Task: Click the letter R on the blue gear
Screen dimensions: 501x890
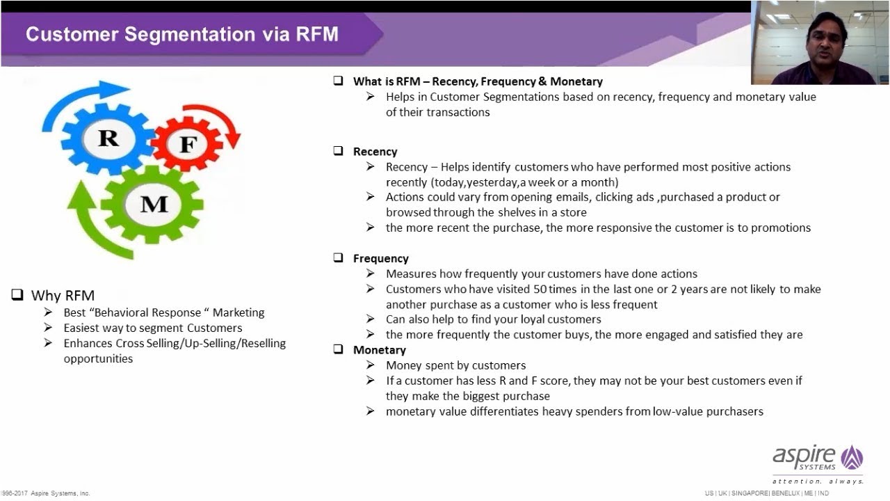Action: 108,138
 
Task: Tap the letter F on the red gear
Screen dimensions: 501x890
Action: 188,145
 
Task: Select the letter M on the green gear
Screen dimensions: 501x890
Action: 154,204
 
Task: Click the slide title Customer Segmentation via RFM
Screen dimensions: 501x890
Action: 181,34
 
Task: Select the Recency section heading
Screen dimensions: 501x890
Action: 375,152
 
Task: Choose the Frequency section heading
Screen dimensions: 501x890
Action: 380,258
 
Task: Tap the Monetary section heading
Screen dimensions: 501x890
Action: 379,350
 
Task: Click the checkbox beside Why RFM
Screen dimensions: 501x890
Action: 17,295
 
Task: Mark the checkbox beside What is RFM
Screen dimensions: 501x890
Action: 338,81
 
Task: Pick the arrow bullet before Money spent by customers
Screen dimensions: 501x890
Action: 371,365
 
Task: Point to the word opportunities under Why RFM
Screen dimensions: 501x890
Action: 98,358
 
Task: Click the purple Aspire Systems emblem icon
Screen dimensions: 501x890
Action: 851,457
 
